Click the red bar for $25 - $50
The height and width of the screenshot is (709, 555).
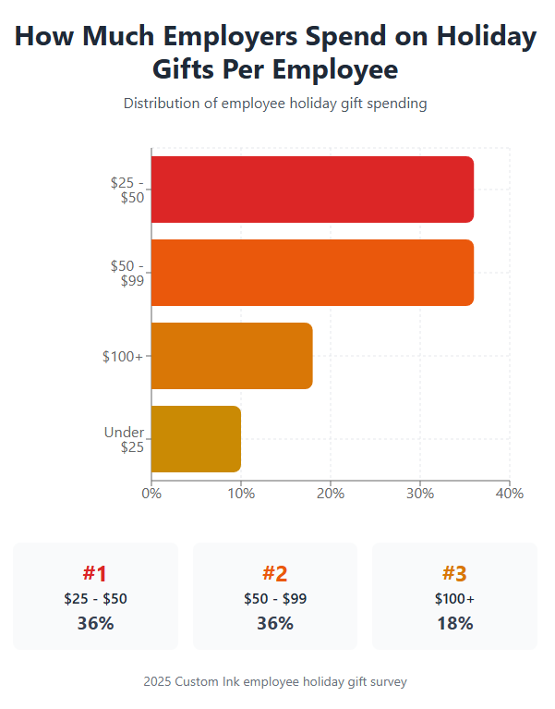(312, 189)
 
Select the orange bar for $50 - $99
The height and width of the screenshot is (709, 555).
(312, 273)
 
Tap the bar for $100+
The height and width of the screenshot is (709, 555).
(232, 356)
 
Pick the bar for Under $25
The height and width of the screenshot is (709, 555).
(196, 439)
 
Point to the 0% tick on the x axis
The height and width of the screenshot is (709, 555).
(151, 494)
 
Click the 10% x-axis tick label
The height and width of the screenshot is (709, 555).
(241, 494)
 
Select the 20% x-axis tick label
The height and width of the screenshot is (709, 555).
(331, 494)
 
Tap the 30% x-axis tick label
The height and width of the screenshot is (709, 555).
(420, 494)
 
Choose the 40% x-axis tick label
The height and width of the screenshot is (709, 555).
(509, 494)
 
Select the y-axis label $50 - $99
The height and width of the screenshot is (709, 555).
(127, 274)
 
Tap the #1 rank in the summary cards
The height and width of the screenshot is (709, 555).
(95, 574)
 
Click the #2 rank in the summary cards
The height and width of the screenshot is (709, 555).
(275, 574)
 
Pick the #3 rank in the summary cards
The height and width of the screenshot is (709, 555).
(454, 574)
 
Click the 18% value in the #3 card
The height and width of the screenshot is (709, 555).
(454, 623)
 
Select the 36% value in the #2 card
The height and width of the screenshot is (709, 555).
(275, 623)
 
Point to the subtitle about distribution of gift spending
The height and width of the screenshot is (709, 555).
(275, 104)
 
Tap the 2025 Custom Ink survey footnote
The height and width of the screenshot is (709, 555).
(275, 681)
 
